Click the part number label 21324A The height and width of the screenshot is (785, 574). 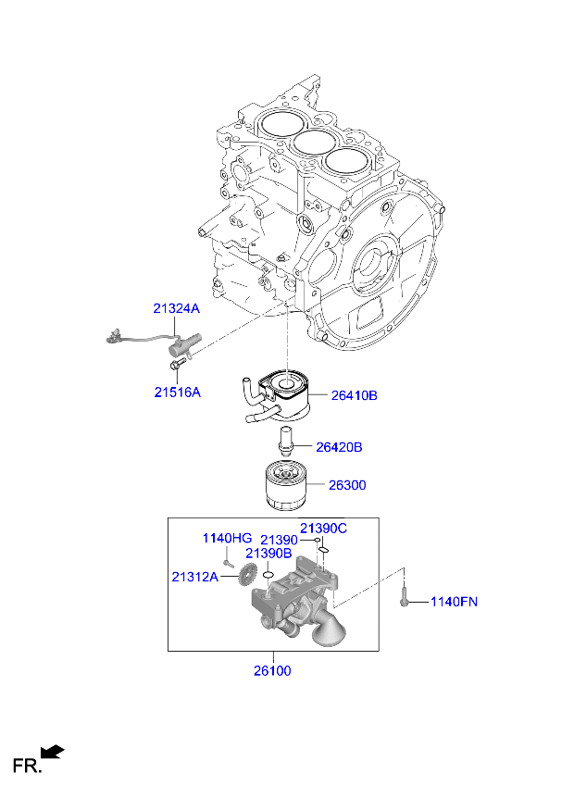click(x=177, y=308)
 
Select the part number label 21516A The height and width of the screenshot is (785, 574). click(x=177, y=392)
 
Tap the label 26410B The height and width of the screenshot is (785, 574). click(x=355, y=395)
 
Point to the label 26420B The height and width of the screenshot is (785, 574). click(x=339, y=447)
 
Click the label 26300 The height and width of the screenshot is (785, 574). click(x=347, y=484)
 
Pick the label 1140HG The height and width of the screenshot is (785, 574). click(x=227, y=538)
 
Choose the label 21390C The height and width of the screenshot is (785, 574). click(x=324, y=528)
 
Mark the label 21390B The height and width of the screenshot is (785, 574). click(x=268, y=553)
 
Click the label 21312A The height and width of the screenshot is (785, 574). click(x=194, y=577)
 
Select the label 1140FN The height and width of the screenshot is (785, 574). click(x=454, y=603)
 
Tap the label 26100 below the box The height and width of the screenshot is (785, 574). click(x=272, y=670)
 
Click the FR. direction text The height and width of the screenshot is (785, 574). click(x=25, y=766)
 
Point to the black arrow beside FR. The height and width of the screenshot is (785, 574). click(x=54, y=752)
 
